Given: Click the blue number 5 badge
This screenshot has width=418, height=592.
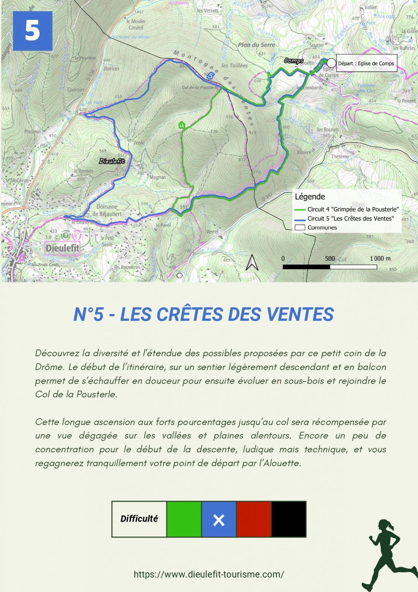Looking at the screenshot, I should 33,31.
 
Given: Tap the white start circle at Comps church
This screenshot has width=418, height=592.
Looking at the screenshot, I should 331,63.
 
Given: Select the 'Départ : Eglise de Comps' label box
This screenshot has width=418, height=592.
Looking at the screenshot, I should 366,63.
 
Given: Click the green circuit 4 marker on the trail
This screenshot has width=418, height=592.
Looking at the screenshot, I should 181,125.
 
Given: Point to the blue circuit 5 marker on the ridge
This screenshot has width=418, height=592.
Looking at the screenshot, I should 210,76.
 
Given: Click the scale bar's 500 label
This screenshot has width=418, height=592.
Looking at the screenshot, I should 330,258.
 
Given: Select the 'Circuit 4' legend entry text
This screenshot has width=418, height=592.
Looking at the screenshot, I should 353,209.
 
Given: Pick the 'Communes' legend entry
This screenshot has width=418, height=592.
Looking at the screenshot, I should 322,228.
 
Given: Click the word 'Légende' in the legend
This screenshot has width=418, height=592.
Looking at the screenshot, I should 310,197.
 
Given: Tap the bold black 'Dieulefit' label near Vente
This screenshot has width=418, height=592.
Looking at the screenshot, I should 112,161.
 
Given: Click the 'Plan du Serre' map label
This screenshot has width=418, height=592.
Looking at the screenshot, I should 256,45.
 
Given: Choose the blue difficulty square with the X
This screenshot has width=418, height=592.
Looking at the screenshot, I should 219,519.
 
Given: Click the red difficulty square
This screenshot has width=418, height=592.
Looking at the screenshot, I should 254,519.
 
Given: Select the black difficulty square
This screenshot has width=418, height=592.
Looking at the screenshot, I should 289,519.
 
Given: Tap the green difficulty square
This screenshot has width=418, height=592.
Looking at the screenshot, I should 184,519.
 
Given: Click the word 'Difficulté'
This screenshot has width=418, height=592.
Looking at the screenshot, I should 139,519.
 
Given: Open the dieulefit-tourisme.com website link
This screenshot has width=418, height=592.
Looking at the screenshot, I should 209,574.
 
